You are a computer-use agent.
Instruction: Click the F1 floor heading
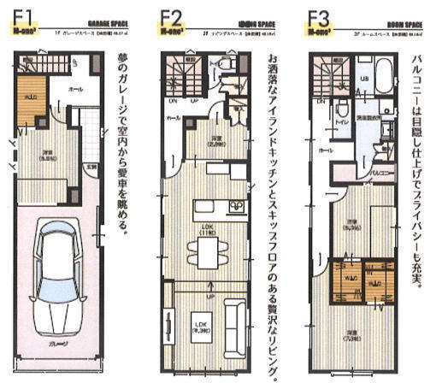(x=22, y=17)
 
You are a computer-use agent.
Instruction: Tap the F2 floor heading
(x=172, y=17)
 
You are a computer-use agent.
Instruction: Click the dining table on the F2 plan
(x=205, y=249)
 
